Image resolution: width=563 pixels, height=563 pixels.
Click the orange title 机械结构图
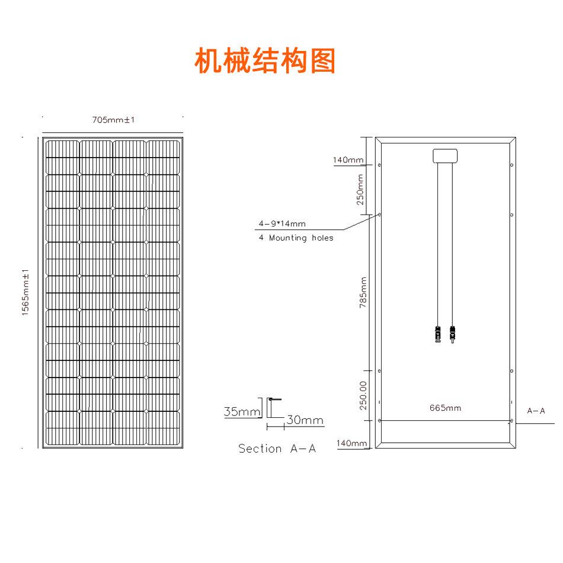pyautogui.click(x=265, y=60)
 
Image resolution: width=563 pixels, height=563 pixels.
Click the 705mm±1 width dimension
pyautogui.click(x=113, y=120)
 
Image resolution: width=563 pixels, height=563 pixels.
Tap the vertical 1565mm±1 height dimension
pyautogui.click(x=25, y=293)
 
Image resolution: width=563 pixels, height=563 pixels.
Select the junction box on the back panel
pyautogui.click(x=445, y=156)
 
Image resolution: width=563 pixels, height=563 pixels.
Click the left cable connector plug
pyautogui.click(x=438, y=335)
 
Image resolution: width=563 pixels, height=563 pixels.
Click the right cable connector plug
pyautogui.click(x=452, y=335)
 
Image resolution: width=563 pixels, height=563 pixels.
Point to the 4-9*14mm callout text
pyautogui.click(x=282, y=224)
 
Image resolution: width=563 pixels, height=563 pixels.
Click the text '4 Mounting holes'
pyautogui.click(x=296, y=238)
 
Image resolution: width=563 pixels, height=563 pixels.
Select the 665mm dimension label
pyautogui.click(x=445, y=408)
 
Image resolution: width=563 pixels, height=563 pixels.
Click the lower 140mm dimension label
pyautogui.click(x=351, y=443)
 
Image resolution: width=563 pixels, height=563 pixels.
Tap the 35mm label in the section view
pyautogui.click(x=242, y=411)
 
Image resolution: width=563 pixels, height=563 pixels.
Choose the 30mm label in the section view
pyautogui.click(x=305, y=420)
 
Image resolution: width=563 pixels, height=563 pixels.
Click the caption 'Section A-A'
pyautogui.click(x=277, y=449)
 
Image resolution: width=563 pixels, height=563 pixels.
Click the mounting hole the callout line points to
pyautogui.click(x=379, y=215)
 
